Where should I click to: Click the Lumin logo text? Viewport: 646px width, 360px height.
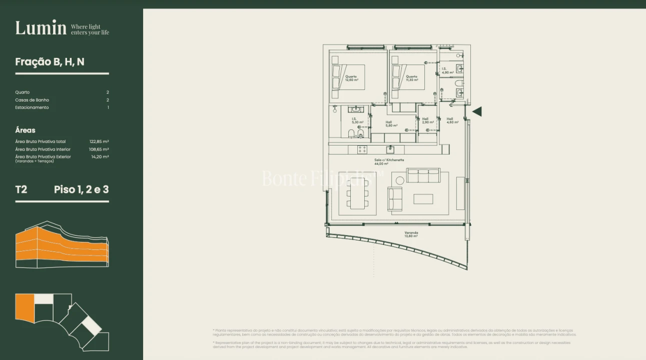[x=41, y=28]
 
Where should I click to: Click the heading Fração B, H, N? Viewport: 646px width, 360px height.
[x=50, y=62]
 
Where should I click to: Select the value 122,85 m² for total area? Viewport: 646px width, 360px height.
[x=99, y=141]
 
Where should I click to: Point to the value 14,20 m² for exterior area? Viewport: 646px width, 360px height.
[x=100, y=156]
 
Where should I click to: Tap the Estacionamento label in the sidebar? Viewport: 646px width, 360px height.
[x=32, y=107]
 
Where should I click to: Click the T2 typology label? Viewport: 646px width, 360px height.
[x=21, y=189]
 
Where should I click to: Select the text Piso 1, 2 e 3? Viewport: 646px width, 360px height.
[x=81, y=189]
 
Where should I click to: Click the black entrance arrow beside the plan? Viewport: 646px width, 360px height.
[x=477, y=111]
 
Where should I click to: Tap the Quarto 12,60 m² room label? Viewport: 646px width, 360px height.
[x=351, y=78]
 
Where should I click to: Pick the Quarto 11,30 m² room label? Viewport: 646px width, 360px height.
[x=412, y=78]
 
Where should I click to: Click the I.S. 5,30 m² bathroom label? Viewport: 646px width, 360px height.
[x=357, y=120]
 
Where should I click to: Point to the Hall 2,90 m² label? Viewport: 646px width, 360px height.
[x=427, y=120]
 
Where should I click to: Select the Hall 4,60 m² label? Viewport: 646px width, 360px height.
[x=452, y=120]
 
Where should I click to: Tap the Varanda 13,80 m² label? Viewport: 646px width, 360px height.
[x=411, y=234]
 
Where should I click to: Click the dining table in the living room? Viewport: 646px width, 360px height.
[x=357, y=193]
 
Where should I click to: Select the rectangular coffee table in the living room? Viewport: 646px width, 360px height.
[x=423, y=199]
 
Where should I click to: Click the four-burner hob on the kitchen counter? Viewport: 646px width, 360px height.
[x=362, y=149]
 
